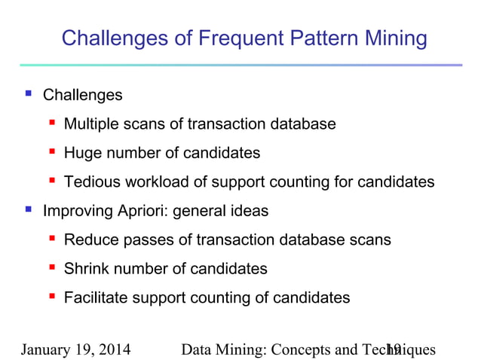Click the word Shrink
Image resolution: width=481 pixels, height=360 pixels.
tap(85, 269)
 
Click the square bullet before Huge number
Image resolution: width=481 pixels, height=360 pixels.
tap(52, 152)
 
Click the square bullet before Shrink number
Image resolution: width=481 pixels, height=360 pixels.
tap(52, 268)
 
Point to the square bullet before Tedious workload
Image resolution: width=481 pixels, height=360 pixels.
tap(52, 181)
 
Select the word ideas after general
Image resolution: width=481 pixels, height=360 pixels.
tap(250, 211)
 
